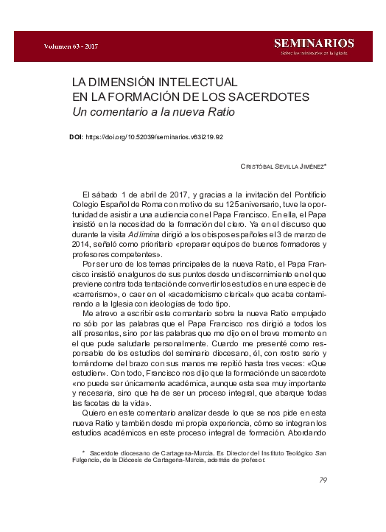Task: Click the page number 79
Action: pos(323,481)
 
